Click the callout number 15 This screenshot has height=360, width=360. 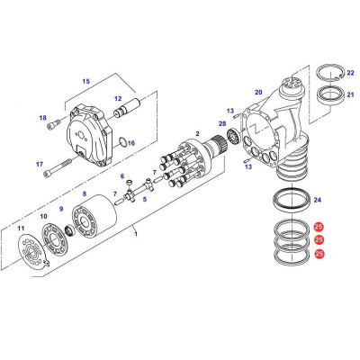click(86, 82)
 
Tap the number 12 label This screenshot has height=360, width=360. click(117, 99)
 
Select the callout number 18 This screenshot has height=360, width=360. click(41, 118)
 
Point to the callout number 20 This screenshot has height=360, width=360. click(257, 92)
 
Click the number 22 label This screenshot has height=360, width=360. click(350, 71)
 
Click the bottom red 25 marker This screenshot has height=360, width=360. click(319, 255)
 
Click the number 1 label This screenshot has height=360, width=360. click(136, 235)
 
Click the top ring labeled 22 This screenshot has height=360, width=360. click(331, 71)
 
